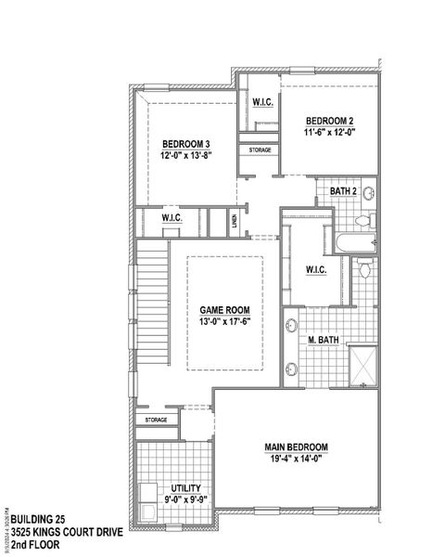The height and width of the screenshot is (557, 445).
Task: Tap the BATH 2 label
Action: click(344, 192)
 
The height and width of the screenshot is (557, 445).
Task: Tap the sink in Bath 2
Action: click(367, 194)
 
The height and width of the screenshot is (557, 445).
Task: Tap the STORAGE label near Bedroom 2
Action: click(260, 149)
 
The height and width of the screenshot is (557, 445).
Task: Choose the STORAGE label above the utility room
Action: click(157, 420)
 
